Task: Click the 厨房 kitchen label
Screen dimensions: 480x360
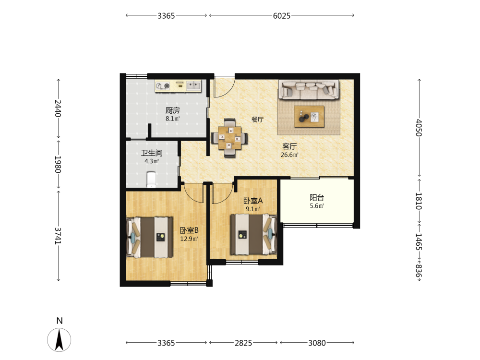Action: tap(173, 110)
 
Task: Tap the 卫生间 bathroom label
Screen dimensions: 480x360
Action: tap(152, 153)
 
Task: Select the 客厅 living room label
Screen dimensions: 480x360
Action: tap(289, 146)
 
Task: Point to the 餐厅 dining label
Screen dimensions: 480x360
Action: tap(257, 120)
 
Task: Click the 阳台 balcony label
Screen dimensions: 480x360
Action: tap(317, 197)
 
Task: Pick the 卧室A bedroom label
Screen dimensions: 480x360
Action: tap(253, 201)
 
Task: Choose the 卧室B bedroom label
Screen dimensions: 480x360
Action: tap(189, 230)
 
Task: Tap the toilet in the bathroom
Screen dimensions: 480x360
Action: tap(152, 180)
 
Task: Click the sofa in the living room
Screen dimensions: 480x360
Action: tap(309, 90)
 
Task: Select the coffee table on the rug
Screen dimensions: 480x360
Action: tap(309, 116)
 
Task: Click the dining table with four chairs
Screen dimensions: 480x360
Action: tap(229, 138)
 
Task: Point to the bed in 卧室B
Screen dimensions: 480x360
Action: tap(149, 237)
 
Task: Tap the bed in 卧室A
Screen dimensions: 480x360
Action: tap(253, 235)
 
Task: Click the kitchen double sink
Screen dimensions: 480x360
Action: tap(194, 86)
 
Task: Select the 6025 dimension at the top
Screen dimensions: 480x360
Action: tap(282, 16)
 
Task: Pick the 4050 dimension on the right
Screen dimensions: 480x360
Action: tap(419, 128)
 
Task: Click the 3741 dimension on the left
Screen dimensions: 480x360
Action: tap(58, 236)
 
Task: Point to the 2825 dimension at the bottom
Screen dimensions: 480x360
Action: tap(243, 343)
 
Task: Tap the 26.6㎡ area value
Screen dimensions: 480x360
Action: tap(289, 155)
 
